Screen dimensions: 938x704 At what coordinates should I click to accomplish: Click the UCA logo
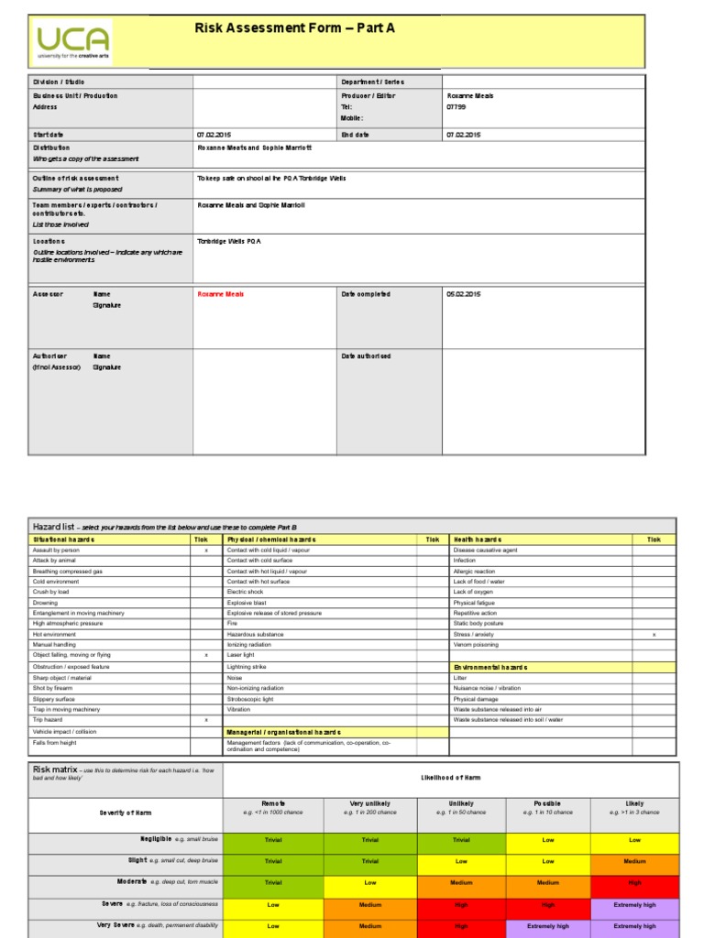[x=73, y=41]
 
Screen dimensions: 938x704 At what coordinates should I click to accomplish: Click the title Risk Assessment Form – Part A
[x=294, y=28]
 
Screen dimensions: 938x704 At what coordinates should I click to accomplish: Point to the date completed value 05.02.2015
[x=463, y=294]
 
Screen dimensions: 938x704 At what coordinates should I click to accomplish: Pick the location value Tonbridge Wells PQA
[x=229, y=241]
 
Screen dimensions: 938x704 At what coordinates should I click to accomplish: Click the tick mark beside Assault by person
[x=206, y=551]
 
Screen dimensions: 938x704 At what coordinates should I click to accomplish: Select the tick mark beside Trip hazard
[x=206, y=720]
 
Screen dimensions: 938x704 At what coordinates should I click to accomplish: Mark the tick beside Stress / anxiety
[x=654, y=634]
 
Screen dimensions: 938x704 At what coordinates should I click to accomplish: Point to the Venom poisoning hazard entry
[x=476, y=645]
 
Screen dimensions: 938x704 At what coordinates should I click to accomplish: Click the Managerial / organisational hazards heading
[x=283, y=733]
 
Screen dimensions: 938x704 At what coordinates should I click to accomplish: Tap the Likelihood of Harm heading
[x=450, y=778]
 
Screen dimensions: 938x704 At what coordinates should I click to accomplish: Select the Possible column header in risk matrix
[x=547, y=803]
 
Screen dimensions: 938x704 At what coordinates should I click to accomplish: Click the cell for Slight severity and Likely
[x=634, y=862]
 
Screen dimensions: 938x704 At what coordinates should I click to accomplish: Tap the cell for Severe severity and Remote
[x=273, y=905]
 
